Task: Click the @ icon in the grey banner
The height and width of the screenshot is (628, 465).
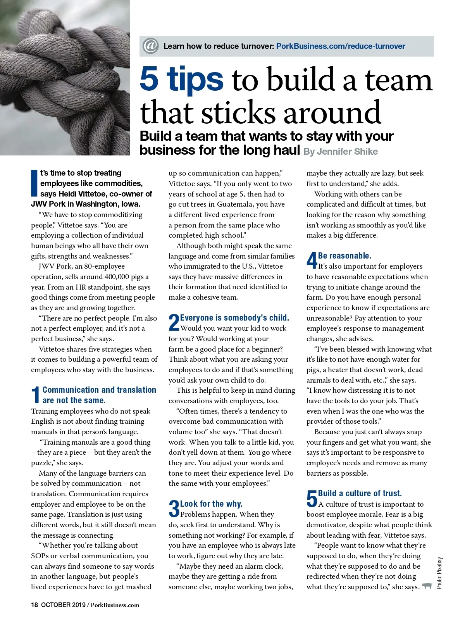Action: tap(150, 46)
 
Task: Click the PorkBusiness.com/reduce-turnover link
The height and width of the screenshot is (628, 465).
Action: tap(340, 46)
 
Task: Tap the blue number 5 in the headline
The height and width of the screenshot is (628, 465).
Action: tap(149, 79)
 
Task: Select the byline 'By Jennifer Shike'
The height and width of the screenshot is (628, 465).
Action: tap(341, 152)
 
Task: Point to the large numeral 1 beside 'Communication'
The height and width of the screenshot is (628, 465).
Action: tap(36, 395)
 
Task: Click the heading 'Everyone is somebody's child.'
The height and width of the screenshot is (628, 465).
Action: tap(234, 318)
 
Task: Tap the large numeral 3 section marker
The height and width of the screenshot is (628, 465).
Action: tap(174, 509)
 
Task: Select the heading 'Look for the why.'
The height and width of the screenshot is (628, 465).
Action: tap(211, 504)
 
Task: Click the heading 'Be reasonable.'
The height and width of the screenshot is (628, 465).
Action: tap(344, 256)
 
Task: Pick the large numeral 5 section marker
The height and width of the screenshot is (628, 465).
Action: tap(312, 499)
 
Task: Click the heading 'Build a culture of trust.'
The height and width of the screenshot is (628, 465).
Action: tap(360, 493)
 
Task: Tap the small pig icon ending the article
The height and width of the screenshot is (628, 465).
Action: tap(427, 586)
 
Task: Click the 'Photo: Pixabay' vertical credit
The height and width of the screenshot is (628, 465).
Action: tap(439, 573)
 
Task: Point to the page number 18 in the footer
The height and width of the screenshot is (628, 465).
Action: tap(34, 605)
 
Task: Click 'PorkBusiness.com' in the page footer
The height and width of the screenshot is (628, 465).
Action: tap(115, 605)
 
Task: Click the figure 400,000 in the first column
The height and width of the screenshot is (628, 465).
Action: tap(117, 277)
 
